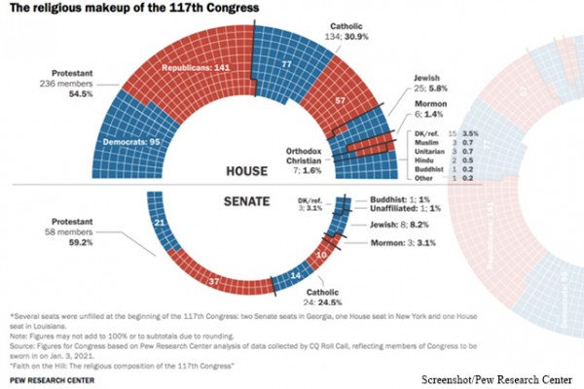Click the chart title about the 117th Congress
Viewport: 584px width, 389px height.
point(133,9)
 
